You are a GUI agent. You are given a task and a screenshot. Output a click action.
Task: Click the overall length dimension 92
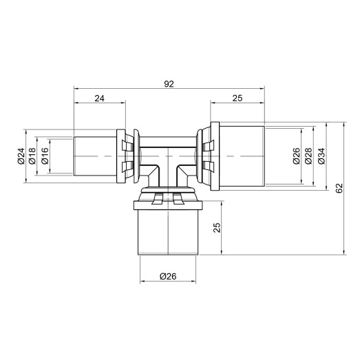tap(169, 83)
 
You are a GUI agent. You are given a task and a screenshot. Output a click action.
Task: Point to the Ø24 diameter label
tap(21, 158)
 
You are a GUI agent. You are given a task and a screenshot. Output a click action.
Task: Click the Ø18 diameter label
tap(32, 158)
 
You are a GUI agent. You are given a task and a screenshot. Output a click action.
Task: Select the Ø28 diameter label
tap(308, 157)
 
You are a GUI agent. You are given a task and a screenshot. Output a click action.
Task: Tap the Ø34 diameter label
tap(320, 157)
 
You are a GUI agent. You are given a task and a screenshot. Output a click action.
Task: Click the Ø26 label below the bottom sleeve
tap(168, 277)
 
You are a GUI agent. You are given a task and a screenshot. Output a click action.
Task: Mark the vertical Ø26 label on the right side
tap(296, 157)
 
